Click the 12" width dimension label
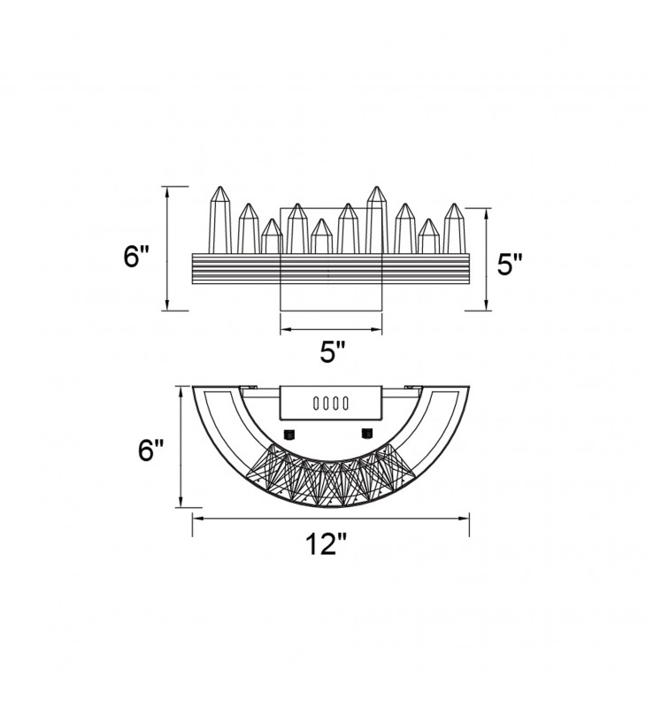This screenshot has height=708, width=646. (x=326, y=544)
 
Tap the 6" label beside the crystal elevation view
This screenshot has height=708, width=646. (x=136, y=257)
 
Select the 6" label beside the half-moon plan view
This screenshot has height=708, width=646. (x=150, y=450)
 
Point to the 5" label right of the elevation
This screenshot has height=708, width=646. (x=510, y=264)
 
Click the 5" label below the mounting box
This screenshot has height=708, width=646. (x=333, y=351)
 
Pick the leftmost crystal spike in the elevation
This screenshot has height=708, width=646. (x=219, y=219)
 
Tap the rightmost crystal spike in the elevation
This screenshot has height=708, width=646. (x=454, y=228)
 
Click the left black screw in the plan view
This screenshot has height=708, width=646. (x=288, y=435)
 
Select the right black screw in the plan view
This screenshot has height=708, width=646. (x=367, y=434)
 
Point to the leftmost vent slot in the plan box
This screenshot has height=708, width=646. (x=317, y=404)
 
